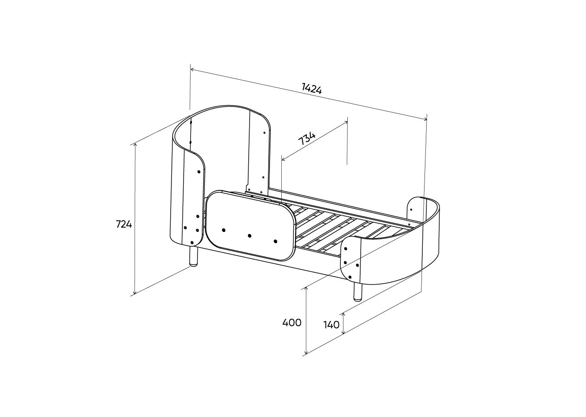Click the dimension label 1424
(x=312, y=88)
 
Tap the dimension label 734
(x=307, y=139)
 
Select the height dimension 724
(x=124, y=224)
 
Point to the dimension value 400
(x=292, y=323)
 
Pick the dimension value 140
(x=332, y=325)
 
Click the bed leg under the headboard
(x=194, y=257)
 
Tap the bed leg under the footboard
(x=358, y=291)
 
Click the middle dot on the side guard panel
(x=249, y=236)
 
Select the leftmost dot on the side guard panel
(x=224, y=230)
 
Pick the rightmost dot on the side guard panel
(x=275, y=242)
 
